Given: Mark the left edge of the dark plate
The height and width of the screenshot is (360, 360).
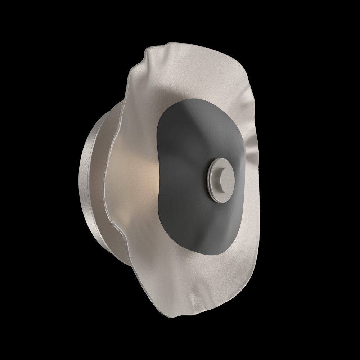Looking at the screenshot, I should point(158,180).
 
